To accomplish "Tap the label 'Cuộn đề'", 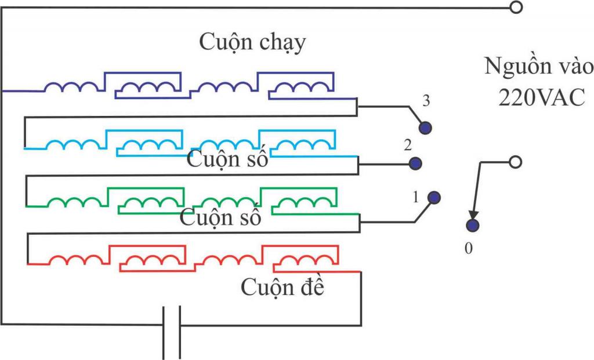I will tap(282, 286).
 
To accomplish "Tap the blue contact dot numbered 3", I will tap(426, 128).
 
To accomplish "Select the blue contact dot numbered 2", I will tap(414, 163).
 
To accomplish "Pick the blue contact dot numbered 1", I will tap(434, 198).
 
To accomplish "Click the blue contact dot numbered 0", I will tap(473, 226).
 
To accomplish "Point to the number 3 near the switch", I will tap(426, 102).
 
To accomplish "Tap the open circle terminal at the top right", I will tap(515, 8).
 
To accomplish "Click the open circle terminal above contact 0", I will tap(515, 162).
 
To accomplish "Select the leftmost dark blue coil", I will tap(72, 87).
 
